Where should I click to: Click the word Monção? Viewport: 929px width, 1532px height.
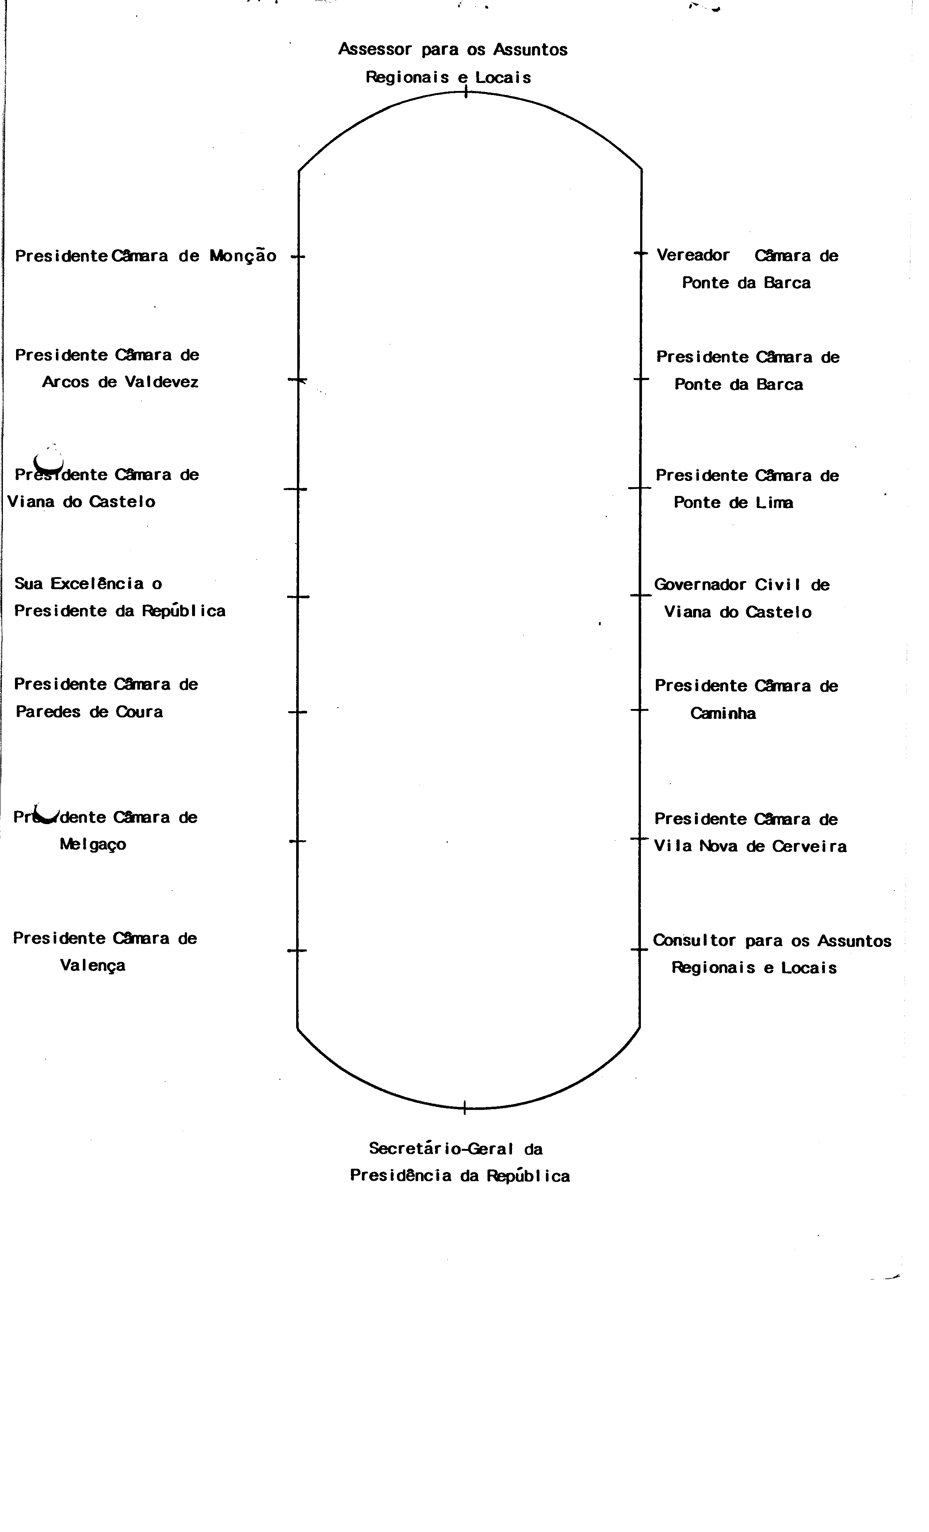pos(242,255)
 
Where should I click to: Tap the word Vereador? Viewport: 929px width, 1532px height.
pos(693,255)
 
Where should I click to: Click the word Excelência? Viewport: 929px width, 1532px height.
pos(97,583)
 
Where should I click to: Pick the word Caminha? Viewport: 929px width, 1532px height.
pos(723,713)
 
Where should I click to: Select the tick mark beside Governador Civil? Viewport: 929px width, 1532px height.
pos(640,596)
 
